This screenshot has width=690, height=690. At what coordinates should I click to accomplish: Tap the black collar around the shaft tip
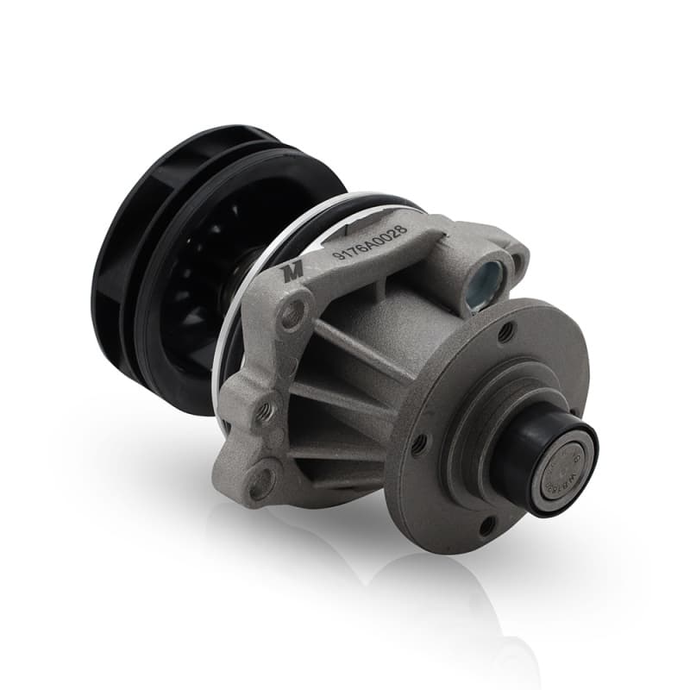click(x=526, y=448)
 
